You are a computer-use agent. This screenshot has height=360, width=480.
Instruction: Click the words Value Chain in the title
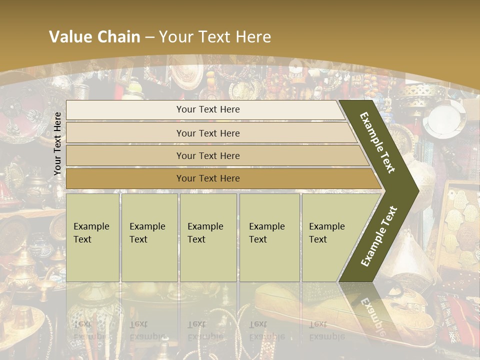pos(94,37)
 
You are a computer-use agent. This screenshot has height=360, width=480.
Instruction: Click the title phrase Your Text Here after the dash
pos(215,37)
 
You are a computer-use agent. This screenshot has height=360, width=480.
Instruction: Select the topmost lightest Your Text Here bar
pos(208,109)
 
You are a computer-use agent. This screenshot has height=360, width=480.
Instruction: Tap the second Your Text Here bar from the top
pos(208,133)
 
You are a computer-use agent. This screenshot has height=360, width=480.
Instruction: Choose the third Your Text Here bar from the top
pos(208,155)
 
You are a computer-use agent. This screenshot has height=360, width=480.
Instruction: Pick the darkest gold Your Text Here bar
pos(208,178)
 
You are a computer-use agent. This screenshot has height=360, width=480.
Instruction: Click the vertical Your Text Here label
pos(58,143)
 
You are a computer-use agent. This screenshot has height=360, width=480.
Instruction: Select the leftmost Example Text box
pos(92,237)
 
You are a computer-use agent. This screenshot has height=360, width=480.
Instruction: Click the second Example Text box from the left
pos(149,237)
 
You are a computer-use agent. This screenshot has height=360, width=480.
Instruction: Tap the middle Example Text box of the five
pos(208,237)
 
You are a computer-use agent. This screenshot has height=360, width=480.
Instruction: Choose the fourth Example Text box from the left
pos(269,237)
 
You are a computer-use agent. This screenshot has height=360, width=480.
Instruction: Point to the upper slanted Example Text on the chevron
pos(377,142)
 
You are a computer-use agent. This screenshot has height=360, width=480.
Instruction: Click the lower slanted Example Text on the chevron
pos(379,236)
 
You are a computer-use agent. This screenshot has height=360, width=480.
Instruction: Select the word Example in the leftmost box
pos(91,226)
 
